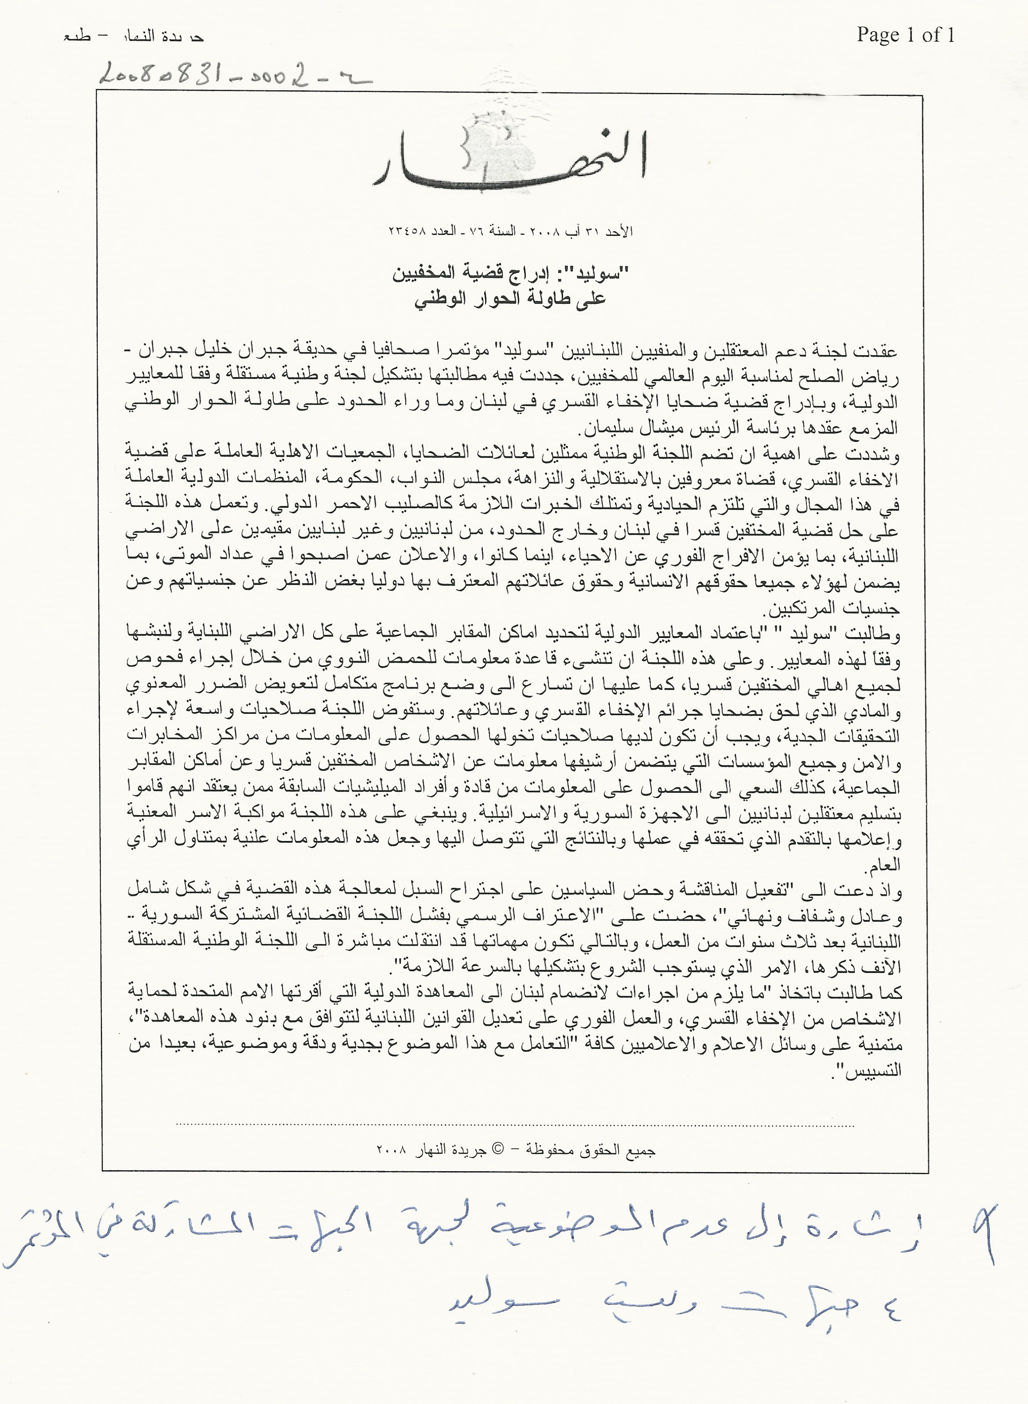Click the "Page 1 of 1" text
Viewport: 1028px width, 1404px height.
pyautogui.click(x=905, y=35)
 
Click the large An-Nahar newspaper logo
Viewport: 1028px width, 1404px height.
pyautogui.click(x=510, y=157)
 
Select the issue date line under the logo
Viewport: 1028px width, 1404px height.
pyautogui.click(x=510, y=231)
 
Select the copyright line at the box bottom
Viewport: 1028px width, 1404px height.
pyautogui.click(x=515, y=1150)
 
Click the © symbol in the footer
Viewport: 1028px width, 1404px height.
pyautogui.click(x=498, y=1150)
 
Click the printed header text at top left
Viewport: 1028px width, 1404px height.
pyautogui.click(x=134, y=37)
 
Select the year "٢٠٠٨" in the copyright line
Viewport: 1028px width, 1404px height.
pyautogui.click(x=392, y=1150)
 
